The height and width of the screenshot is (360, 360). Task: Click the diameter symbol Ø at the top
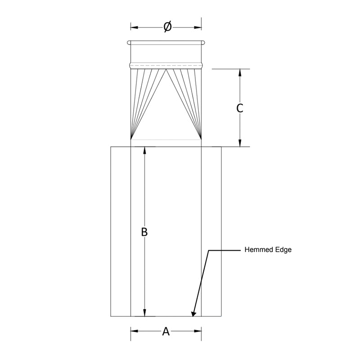(167, 27)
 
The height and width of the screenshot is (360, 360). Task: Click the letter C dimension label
(240, 108)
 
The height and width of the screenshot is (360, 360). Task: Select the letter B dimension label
(144, 232)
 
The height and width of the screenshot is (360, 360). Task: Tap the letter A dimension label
(166, 332)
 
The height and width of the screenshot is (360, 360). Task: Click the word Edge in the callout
(283, 250)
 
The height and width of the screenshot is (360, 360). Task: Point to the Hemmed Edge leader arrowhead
(194, 313)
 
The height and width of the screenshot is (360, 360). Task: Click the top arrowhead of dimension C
(240, 72)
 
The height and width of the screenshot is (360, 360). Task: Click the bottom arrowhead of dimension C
(240, 143)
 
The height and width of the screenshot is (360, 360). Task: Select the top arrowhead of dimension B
(144, 151)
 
